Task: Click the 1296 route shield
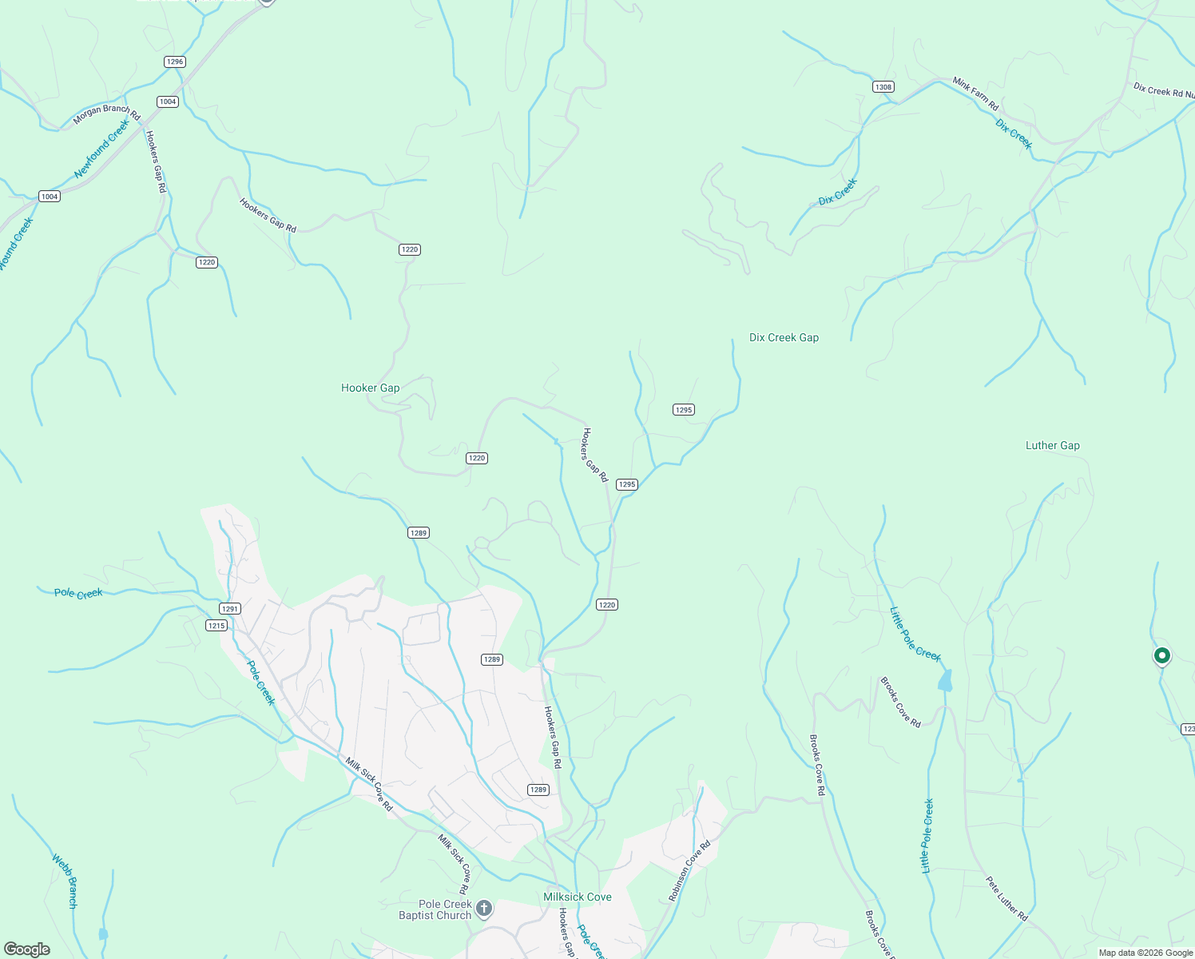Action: tap(174, 62)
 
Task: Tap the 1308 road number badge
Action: tap(883, 87)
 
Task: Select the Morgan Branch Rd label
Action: tap(106, 114)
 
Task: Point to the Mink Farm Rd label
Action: tap(975, 94)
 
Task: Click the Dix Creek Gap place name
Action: tap(784, 337)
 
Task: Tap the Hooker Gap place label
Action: tap(370, 388)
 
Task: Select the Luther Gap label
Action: tap(1052, 445)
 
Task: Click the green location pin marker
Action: tap(1161, 656)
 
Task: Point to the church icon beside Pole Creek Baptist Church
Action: tap(483, 909)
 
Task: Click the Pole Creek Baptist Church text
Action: tap(435, 909)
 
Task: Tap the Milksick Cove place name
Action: tap(577, 897)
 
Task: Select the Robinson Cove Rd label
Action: tap(689, 871)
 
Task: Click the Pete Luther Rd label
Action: tap(1006, 899)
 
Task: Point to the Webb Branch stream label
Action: tap(66, 881)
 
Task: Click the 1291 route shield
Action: tap(230, 609)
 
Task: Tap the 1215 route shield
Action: tap(216, 625)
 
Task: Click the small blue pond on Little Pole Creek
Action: tap(946, 681)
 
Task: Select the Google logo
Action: tap(27, 949)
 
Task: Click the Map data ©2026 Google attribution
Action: tap(1145, 953)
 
